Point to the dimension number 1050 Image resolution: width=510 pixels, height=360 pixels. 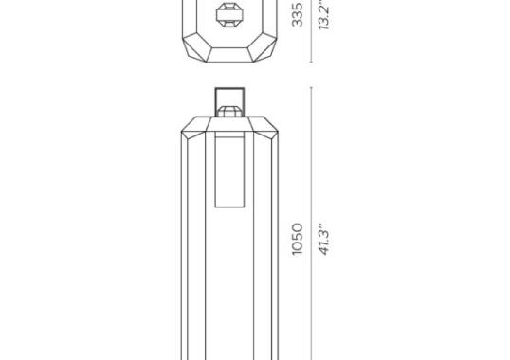coord(298,239)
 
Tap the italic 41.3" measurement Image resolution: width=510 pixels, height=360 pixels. coord(323,239)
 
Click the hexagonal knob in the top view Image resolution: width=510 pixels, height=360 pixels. coord(228,15)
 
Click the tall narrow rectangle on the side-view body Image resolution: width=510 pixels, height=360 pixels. coord(229,171)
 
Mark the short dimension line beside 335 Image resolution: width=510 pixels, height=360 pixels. coord(312,33)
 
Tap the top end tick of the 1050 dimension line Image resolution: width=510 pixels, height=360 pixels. coord(312,87)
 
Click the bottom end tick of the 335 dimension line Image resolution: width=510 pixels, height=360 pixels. coord(312,63)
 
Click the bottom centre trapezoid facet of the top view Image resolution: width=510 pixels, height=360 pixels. coord(228,56)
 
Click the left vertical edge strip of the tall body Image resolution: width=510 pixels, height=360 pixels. coord(187,246)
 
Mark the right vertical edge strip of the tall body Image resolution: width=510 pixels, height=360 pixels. coord(272,246)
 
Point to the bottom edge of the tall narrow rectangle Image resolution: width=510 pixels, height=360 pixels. coord(229,207)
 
